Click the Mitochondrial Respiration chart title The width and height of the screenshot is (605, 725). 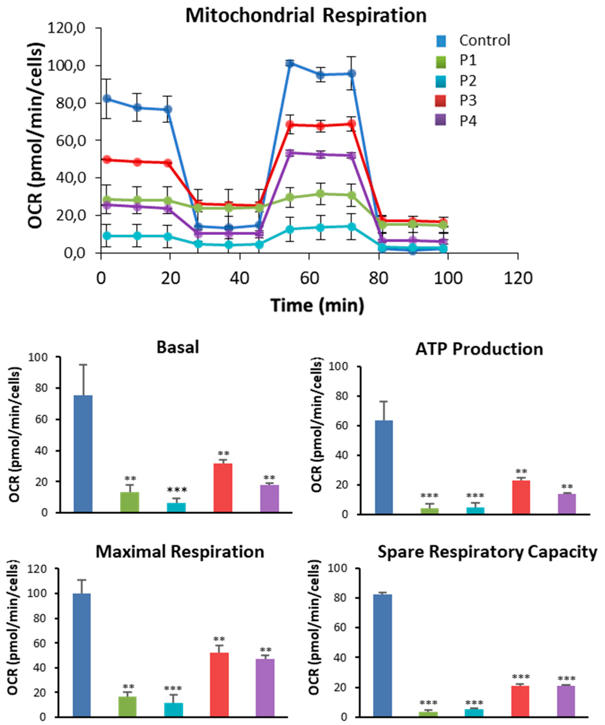(306, 16)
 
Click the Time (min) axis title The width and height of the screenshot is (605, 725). (317, 306)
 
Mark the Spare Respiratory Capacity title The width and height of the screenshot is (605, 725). (487, 552)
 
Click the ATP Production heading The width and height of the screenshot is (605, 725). (479, 349)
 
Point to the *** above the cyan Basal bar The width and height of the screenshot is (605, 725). (177, 490)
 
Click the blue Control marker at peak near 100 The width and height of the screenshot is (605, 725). (289, 63)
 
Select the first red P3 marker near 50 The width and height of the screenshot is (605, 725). (107, 159)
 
